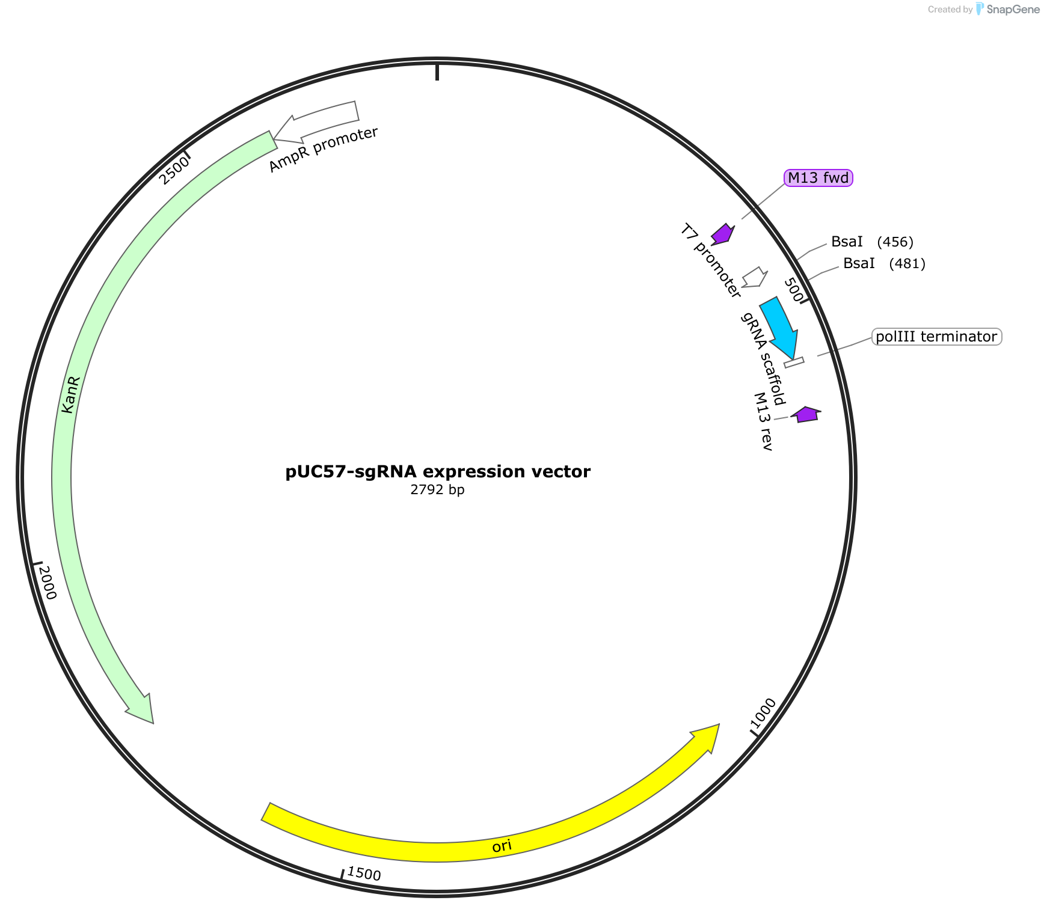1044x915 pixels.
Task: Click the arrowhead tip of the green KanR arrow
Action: click(153, 723)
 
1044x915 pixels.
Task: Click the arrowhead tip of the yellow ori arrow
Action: click(719, 724)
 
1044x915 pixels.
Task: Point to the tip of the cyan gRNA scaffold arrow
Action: click(795, 360)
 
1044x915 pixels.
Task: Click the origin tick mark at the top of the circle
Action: click(437, 70)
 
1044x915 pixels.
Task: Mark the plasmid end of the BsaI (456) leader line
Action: click(797, 260)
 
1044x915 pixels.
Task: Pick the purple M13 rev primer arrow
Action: click(805, 414)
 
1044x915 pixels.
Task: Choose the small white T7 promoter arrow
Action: click(754, 277)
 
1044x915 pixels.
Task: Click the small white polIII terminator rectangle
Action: click(794, 363)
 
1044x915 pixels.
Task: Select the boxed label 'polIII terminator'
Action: click(936, 337)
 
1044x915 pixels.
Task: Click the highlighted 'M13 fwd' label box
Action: click(818, 178)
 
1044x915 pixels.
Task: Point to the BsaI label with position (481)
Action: click(884, 263)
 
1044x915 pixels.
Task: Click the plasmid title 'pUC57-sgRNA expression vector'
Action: click(438, 471)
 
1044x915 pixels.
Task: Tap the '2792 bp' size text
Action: click(437, 490)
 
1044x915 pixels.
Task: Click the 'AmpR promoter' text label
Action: click(324, 150)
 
